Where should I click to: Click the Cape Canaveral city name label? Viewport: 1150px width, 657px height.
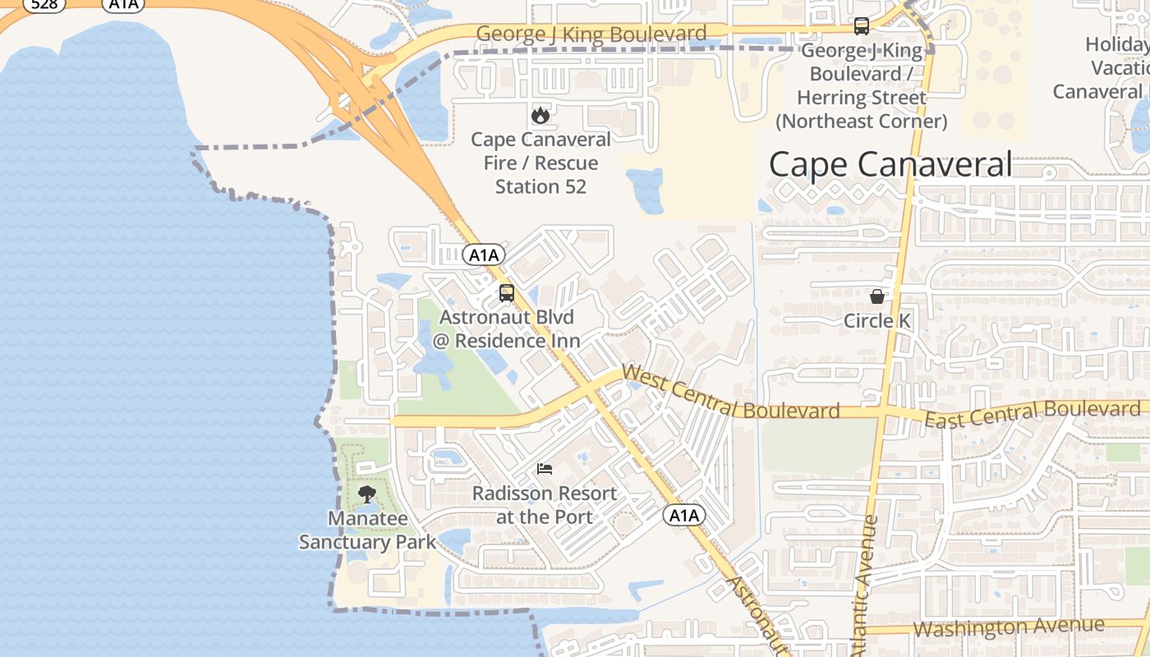[890, 165]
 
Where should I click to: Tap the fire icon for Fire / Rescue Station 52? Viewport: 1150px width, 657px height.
[540, 115]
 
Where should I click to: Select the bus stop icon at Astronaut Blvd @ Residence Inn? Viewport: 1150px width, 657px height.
[507, 292]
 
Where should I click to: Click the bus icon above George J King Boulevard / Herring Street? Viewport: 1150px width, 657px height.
[861, 26]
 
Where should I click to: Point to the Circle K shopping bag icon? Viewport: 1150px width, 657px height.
[877, 296]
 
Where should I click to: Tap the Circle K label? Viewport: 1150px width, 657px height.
[877, 320]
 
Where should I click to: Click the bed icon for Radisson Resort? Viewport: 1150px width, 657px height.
[545, 469]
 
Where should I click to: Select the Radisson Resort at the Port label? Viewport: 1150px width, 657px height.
[544, 505]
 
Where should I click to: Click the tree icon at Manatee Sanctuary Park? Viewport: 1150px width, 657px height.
[367, 494]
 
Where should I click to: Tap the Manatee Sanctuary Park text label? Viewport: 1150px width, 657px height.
[367, 531]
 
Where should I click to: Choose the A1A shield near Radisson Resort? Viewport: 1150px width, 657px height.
[683, 516]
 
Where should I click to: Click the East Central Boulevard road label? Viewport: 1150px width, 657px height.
[1032, 414]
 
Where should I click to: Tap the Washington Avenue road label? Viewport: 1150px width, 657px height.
[1009, 627]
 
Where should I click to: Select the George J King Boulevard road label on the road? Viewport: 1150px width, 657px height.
[591, 34]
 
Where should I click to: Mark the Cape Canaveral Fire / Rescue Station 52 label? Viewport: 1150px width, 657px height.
[540, 163]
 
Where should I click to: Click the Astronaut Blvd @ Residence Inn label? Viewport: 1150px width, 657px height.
[507, 328]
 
